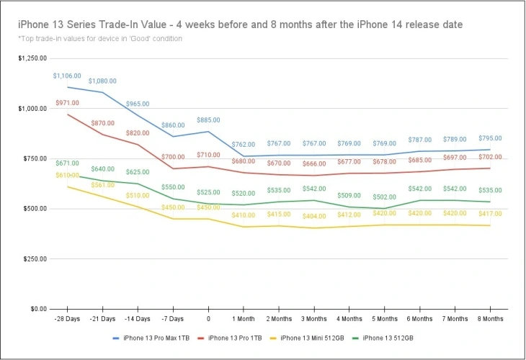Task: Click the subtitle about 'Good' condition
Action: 100,39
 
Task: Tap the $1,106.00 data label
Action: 67,76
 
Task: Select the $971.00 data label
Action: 66,104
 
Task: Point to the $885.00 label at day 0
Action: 208,120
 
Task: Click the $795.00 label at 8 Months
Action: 490,138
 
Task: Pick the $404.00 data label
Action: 314,216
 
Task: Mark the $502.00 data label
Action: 384,197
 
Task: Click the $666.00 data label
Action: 314,163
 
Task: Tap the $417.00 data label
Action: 490,214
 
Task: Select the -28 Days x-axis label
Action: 66,318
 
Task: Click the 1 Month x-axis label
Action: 243,318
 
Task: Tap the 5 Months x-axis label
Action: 384,318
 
